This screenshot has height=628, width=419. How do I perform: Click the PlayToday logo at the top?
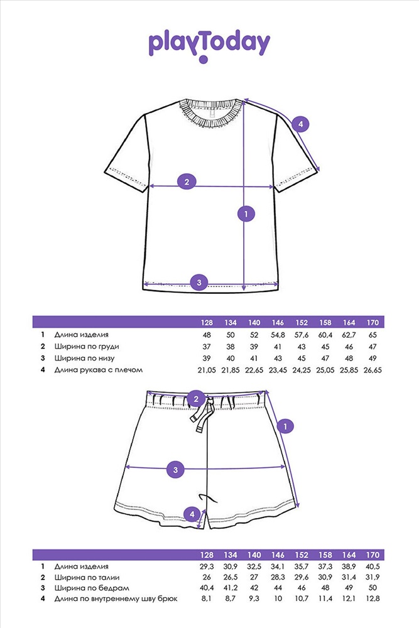(209, 45)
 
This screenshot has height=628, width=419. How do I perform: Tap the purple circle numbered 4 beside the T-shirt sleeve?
(300, 124)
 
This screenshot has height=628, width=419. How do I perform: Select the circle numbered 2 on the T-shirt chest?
(187, 182)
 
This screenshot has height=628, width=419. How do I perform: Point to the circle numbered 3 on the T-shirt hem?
(199, 283)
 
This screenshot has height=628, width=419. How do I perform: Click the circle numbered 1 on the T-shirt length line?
(246, 214)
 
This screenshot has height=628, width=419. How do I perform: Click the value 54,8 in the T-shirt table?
(278, 335)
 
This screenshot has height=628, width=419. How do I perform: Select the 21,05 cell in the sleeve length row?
(207, 370)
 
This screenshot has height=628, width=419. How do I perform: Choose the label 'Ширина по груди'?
(87, 347)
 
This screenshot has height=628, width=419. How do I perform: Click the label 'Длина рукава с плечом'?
(99, 370)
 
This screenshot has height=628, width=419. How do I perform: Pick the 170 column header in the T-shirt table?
(373, 322)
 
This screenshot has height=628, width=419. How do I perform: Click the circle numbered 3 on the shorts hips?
(175, 469)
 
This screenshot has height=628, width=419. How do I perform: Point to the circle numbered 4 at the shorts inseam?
(192, 514)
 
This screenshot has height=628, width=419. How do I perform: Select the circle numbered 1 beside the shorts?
(285, 426)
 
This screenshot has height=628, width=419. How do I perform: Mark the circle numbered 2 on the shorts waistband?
(196, 399)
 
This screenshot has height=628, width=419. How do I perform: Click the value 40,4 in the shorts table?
(207, 588)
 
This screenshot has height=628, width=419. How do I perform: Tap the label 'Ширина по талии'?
(87, 578)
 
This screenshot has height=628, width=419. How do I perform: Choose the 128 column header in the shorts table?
(207, 555)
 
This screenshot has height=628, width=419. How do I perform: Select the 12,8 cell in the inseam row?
(373, 598)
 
